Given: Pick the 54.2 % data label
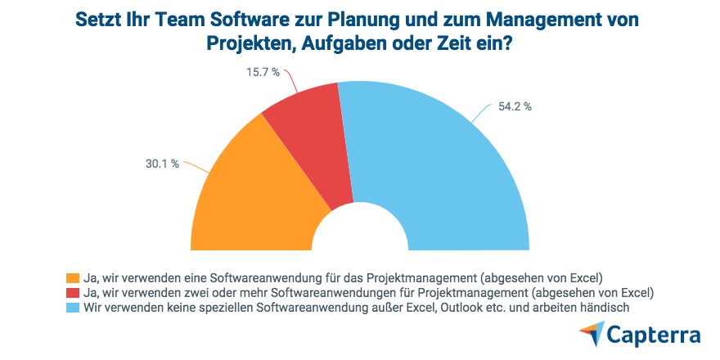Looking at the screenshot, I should pyautogui.click(x=515, y=106).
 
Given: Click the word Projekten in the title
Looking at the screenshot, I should pyautogui.click(x=250, y=45).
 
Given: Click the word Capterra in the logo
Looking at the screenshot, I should pyautogui.click(x=655, y=335).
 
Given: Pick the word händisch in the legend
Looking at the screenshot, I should pyautogui.click(x=605, y=308).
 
